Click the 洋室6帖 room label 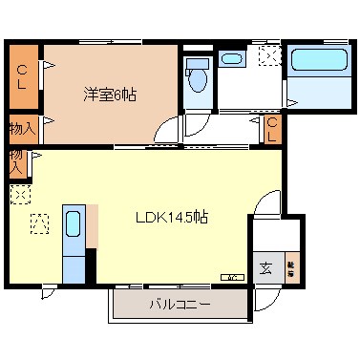(x=110, y=95)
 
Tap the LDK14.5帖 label (x=171, y=217)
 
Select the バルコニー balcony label (x=180, y=305)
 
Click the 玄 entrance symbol (x=265, y=268)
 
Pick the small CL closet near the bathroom (x=271, y=129)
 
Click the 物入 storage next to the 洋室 (x=21, y=128)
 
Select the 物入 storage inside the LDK (x=17, y=160)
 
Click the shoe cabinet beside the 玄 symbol (x=289, y=268)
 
